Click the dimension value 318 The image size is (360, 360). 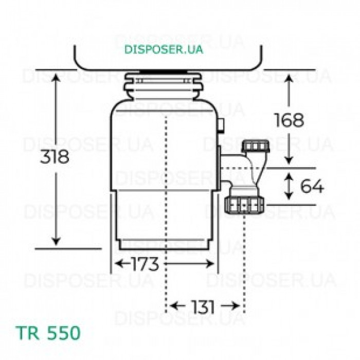(55, 156)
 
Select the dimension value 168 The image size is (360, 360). (289, 120)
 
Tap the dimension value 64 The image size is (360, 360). (312, 187)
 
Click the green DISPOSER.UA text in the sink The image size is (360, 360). (164, 49)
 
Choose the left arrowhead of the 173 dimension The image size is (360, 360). (118, 264)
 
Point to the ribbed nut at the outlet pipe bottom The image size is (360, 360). (244, 204)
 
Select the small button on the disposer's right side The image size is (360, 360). (221, 125)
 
